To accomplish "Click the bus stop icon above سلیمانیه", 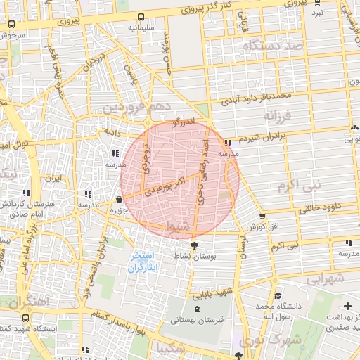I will (x=141, y=18).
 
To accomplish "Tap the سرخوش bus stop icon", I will (x=11, y=24).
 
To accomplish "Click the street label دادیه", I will (x=112, y=132).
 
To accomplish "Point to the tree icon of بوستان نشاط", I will (x=194, y=245).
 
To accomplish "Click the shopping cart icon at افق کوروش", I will (x=262, y=217).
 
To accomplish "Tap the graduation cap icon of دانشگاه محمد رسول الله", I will (x=278, y=296).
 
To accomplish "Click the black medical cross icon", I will (x=348, y=307).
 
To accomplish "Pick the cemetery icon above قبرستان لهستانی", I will (x=195, y=307).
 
